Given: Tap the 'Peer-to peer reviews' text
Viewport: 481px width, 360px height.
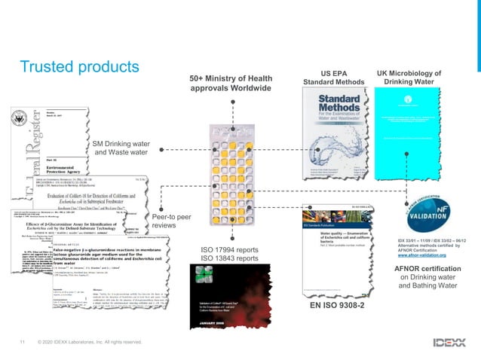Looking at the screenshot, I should click(172, 220).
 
